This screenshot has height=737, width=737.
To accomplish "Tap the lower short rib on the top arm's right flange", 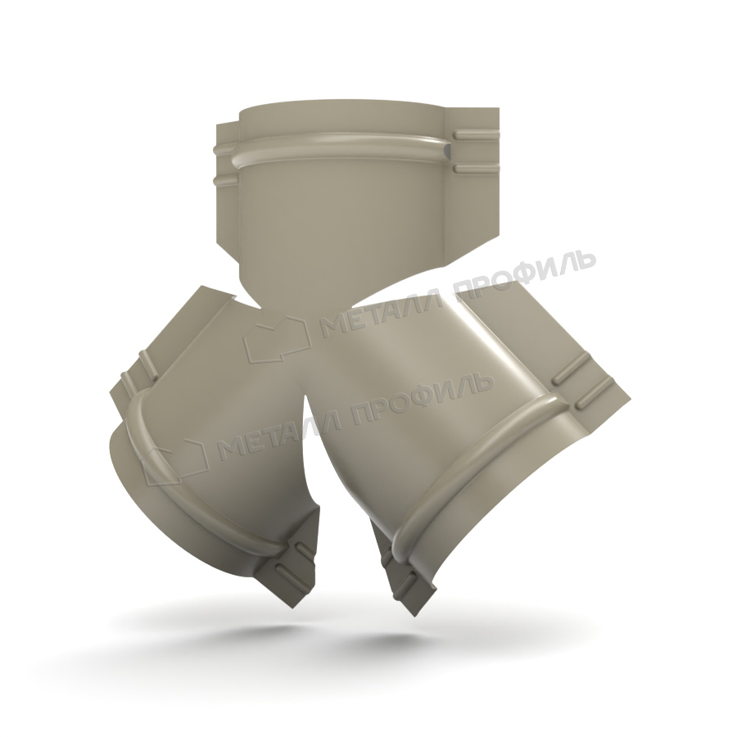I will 476,168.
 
